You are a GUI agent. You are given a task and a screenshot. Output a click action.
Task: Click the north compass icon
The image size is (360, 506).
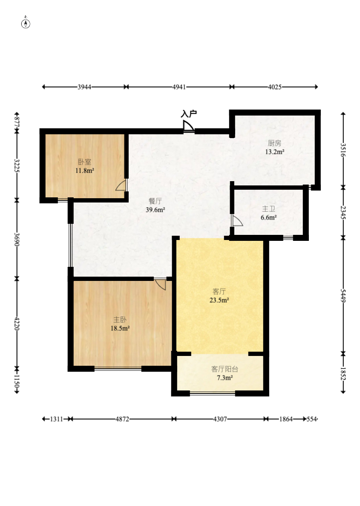[26, 23]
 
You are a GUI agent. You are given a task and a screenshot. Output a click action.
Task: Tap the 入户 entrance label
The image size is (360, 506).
[189, 113]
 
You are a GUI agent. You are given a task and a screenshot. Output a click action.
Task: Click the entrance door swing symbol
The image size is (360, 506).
[188, 126]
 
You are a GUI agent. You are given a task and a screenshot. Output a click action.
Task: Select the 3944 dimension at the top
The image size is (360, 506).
[84, 87]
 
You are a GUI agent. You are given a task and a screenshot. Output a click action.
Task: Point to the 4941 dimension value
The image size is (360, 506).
[179, 87]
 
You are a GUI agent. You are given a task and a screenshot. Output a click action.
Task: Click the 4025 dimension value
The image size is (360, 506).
[275, 87]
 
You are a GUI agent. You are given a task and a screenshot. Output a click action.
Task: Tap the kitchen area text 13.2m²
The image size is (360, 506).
[274, 152]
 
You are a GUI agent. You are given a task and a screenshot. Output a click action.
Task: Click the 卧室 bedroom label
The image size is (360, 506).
[84, 162]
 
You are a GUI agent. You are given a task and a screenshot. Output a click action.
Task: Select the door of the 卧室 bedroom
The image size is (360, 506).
[121, 185]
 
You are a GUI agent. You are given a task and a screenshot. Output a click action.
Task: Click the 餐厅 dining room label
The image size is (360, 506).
[155, 201]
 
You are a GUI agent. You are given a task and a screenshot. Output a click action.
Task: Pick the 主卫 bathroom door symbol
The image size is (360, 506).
[237, 220]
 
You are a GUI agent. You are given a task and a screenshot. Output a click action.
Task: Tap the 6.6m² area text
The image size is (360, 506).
[269, 217]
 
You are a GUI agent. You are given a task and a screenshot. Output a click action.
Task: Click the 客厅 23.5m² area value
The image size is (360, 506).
[219, 301]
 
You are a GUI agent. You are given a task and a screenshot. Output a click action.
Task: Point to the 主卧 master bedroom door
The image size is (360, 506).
[160, 284]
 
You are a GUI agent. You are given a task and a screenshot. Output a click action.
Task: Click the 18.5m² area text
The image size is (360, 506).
[120, 329]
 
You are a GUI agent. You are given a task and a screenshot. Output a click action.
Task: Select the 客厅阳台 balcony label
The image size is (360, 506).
[225, 369]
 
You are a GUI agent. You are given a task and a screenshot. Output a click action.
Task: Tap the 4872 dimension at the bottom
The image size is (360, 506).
[122, 419]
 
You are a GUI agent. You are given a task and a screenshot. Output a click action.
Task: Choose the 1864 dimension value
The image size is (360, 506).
[286, 419]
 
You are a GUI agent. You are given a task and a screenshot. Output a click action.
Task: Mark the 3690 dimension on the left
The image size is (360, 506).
[17, 239]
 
